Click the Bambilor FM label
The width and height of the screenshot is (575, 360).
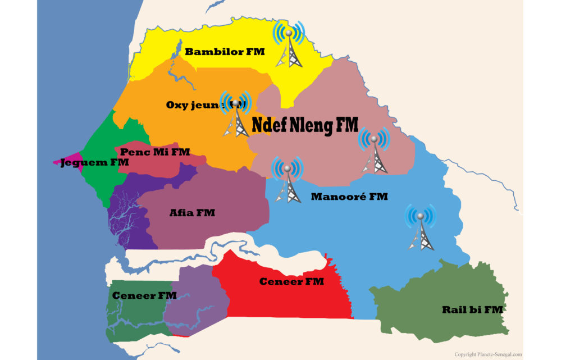(x=225, y=52)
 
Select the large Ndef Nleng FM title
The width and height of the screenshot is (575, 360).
(x=305, y=125)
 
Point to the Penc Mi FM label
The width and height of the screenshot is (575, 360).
(x=155, y=152)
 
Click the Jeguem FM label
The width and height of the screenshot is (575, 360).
(x=95, y=162)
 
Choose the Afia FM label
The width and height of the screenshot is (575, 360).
(x=192, y=213)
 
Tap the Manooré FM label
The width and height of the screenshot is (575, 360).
(x=349, y=197)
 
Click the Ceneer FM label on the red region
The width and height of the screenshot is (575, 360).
(x=291, y=281)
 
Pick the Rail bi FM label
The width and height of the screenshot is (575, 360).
(x=472, y=309)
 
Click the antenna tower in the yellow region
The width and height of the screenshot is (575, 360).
(x=289, y=45)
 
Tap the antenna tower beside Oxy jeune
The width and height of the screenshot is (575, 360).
(x=236, y=115)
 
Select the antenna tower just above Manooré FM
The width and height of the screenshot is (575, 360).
(x=287, y=180)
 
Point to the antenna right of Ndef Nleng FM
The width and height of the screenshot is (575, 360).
(x=374, y=151)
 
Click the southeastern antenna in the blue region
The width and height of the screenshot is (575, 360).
(x=421, y=227)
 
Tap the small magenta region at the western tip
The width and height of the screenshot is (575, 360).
(x=66, y=161)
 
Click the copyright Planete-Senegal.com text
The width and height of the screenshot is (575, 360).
(x=488, y=354)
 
